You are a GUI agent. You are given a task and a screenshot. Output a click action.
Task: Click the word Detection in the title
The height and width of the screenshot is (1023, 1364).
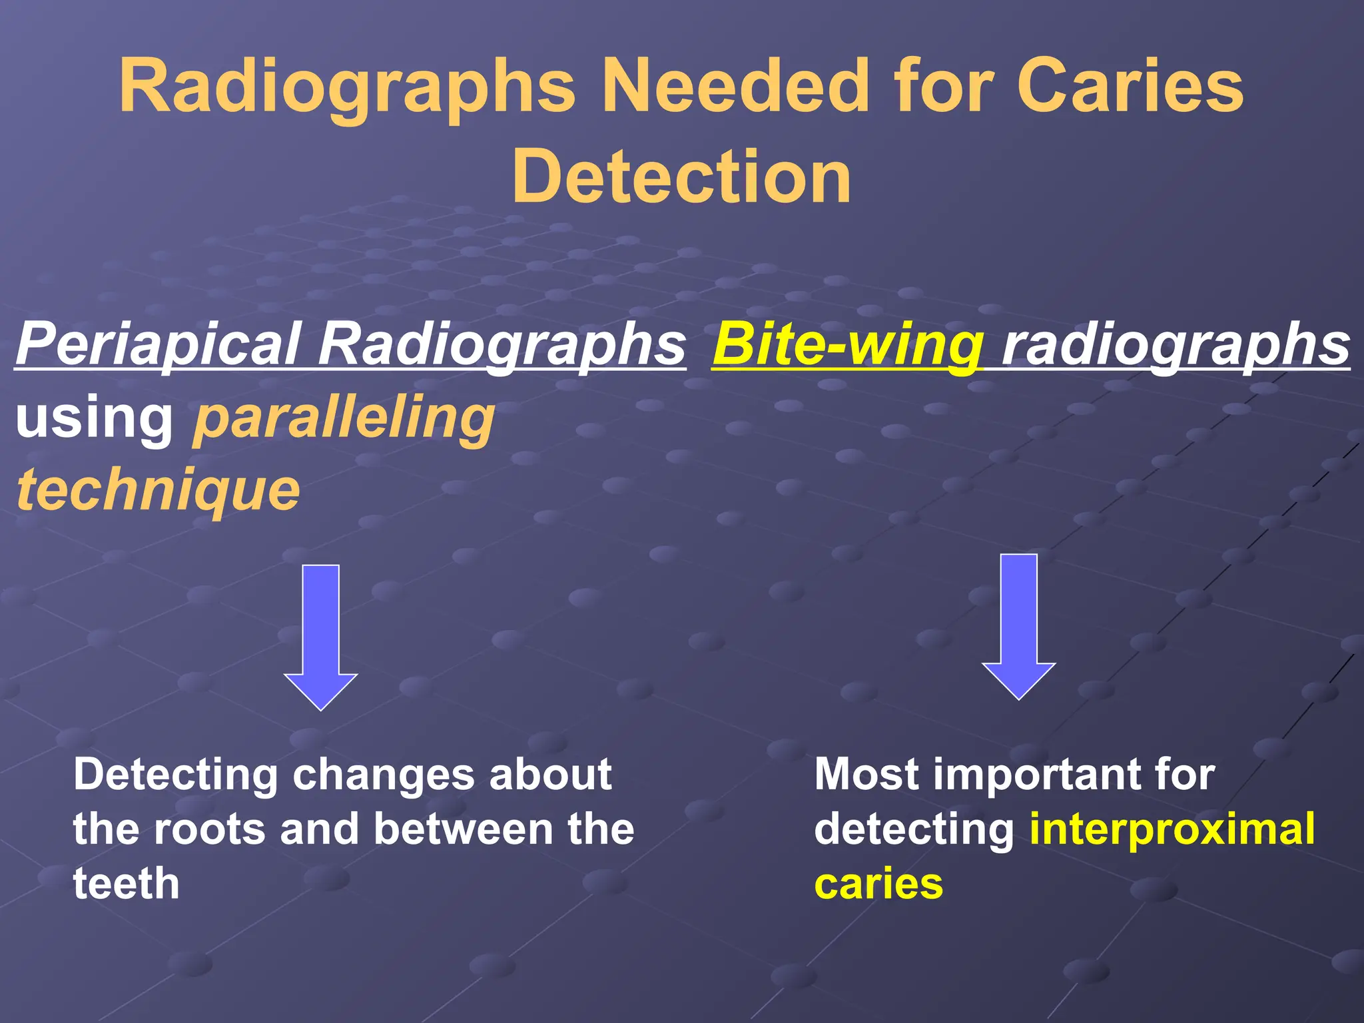[681, 176]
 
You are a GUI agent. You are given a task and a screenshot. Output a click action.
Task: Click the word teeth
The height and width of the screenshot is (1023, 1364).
[127, 884]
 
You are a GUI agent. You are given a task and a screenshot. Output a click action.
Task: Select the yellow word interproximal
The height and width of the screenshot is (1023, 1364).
[1172, 830]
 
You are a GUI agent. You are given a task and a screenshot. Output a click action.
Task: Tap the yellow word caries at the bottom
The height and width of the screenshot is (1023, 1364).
[878, 884]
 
